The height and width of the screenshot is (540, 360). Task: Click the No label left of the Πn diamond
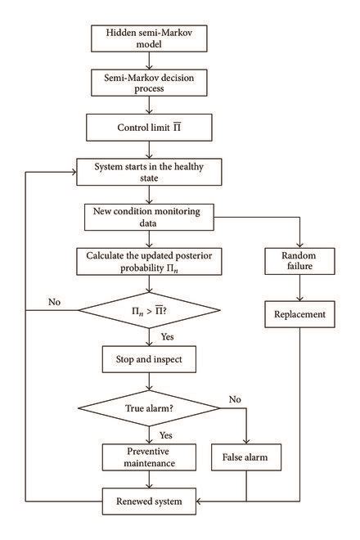coord(54,303)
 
